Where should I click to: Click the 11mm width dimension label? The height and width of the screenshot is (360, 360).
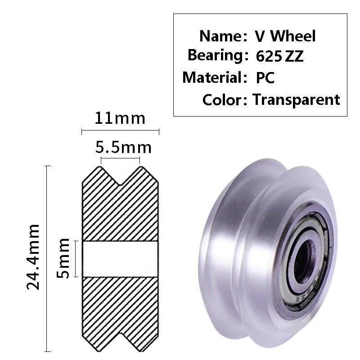[120, 118]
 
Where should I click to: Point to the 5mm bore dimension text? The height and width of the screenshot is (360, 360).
[65, 258]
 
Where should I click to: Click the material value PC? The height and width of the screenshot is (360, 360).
[265, 77]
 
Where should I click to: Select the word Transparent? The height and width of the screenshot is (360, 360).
[296, 99]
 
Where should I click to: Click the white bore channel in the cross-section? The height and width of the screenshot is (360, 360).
[120, 259]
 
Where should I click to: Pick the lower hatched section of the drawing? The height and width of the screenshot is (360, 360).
[120, 306]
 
